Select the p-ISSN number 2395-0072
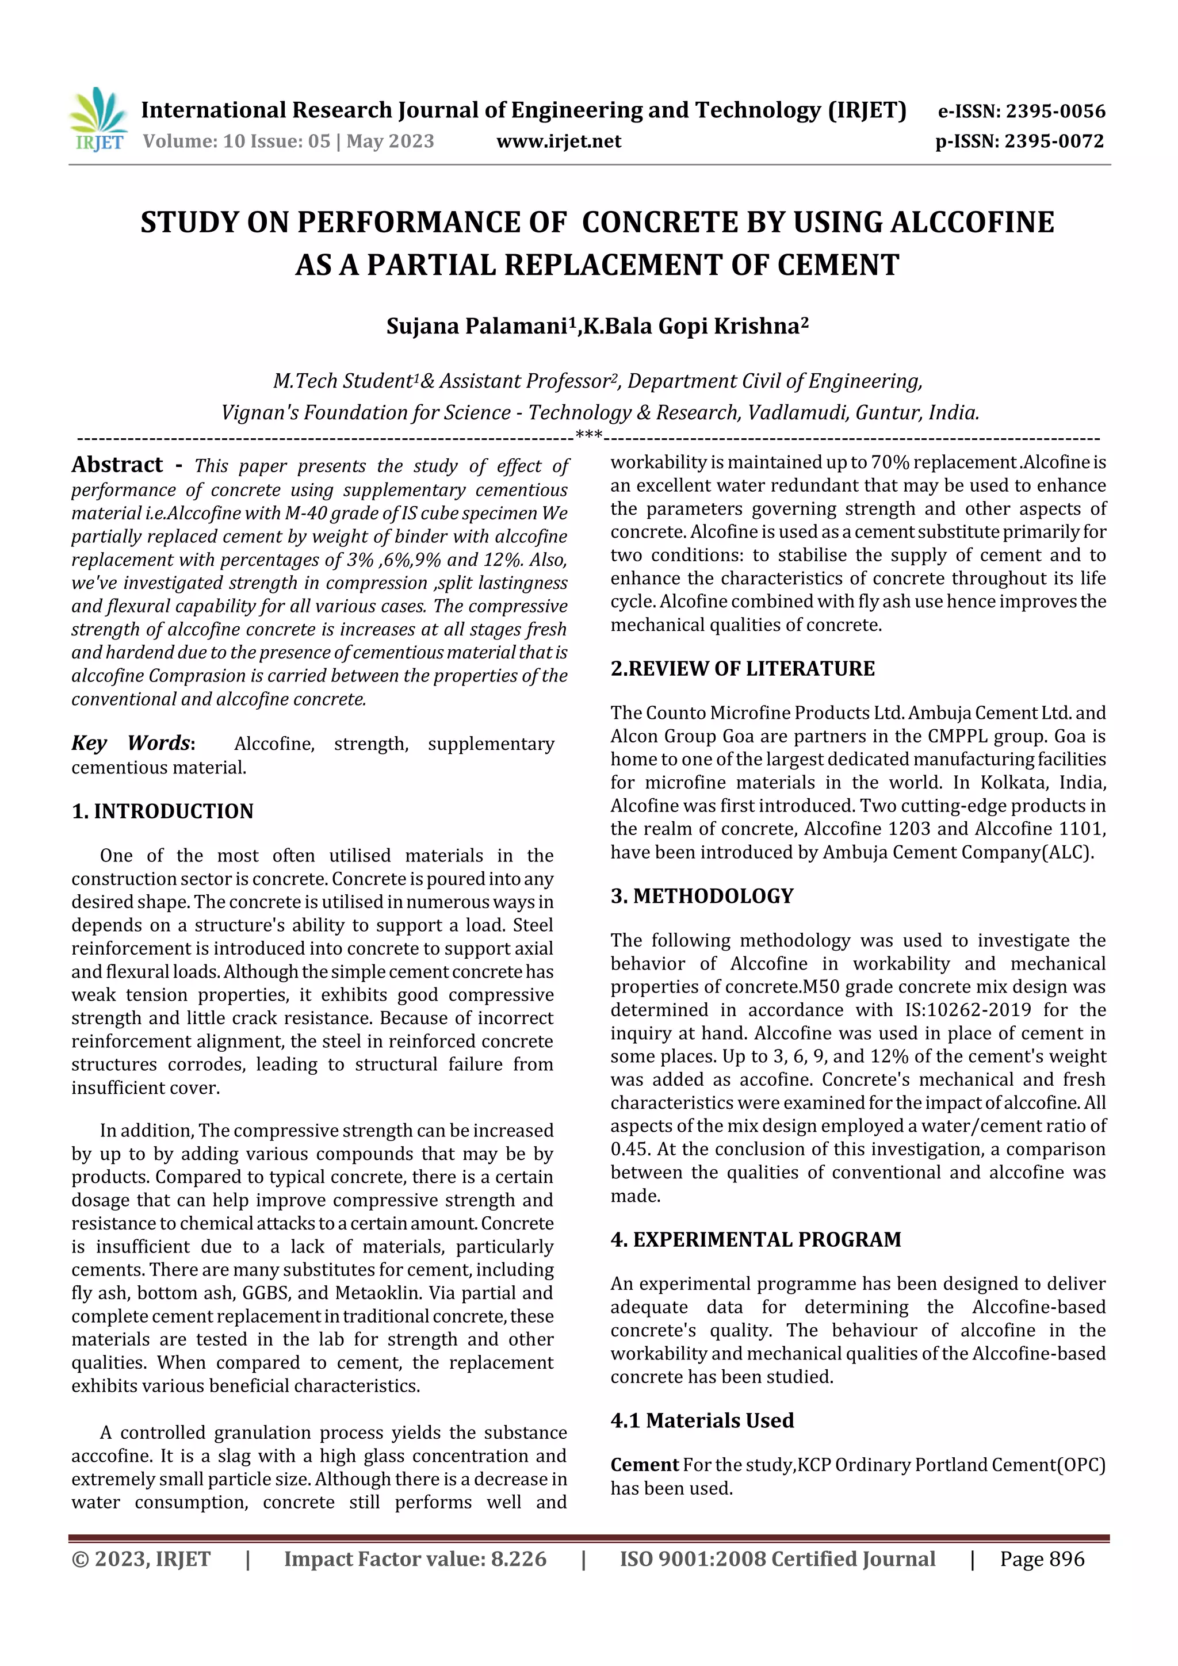(x=1054, y=141)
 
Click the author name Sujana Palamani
(x=476, y=327)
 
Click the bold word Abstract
(x=117, y=465)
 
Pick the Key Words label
(x=132, y=744)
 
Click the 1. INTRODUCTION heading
(x=163, y=811)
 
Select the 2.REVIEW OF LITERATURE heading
(x=743, y=669)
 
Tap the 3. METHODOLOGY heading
(x=702, y=896)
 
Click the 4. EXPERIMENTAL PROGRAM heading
(x=756, y=1239)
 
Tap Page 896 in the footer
(x=1042, y=1560)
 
